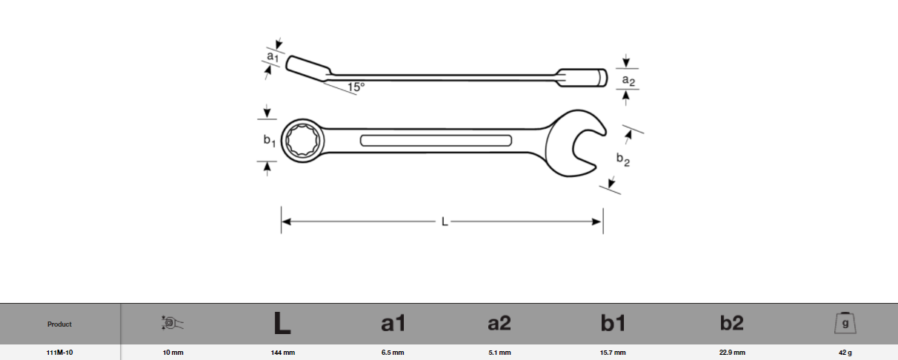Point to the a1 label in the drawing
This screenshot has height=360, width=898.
point(273,56)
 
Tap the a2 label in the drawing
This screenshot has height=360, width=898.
point(628,80)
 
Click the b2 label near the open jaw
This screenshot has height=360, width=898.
point(622,159)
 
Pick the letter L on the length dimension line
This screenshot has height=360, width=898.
point(445,221)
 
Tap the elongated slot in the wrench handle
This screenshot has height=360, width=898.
point(435,141)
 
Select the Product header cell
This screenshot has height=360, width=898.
point(59,324)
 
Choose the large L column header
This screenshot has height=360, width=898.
point(282,324)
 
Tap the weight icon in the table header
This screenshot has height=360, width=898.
point(845,323)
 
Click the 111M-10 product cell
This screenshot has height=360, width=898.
point(59,353)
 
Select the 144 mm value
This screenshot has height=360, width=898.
point(283,353)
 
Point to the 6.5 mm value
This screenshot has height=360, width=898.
point(393,353)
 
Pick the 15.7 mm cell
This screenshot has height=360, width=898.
point(613,353)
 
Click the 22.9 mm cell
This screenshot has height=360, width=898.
point(732,353)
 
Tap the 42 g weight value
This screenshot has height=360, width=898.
point(845,353)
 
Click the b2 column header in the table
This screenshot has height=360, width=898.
point(732,324)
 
